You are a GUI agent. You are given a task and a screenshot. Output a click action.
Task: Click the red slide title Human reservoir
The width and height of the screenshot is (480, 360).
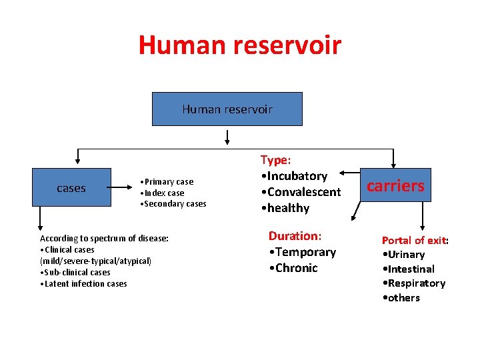click(x=239, y=45)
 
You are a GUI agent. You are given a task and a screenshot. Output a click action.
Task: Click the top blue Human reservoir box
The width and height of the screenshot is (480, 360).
click(x=227, y=109)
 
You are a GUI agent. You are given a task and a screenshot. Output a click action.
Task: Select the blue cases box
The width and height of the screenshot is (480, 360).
click(x=71, y=188)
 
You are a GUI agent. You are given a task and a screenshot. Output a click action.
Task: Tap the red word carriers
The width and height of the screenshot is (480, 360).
click(x=395, y=185)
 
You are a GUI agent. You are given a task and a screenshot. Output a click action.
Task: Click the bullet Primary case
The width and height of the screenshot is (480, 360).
click(x=167, y=182)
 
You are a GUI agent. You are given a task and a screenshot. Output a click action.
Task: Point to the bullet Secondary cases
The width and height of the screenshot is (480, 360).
click(x=173, y=204)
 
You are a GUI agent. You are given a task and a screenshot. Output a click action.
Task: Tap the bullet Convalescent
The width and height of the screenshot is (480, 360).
click(x=301, y=192)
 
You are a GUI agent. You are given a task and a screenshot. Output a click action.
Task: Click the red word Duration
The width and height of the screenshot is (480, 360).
click(x=293, y=236)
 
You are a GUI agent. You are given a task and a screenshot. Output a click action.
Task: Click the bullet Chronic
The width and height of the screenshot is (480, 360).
click(x=293, y=268)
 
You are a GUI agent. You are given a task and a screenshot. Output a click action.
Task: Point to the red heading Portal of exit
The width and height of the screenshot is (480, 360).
click(x=413, y=240)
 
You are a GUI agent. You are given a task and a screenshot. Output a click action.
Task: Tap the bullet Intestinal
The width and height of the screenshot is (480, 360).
click(x=408, y=269)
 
